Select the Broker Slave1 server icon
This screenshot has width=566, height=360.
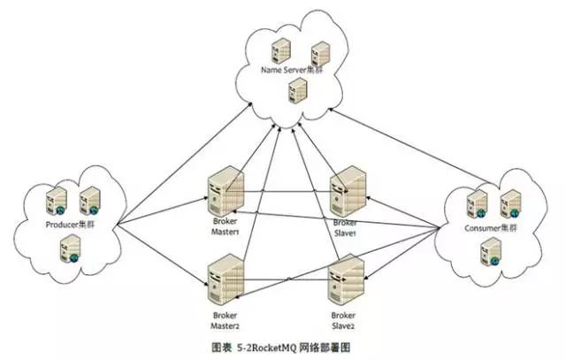(346, 194)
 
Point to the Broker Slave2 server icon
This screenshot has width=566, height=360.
(346, 279)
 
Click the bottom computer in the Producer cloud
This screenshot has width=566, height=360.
(69, 251)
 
